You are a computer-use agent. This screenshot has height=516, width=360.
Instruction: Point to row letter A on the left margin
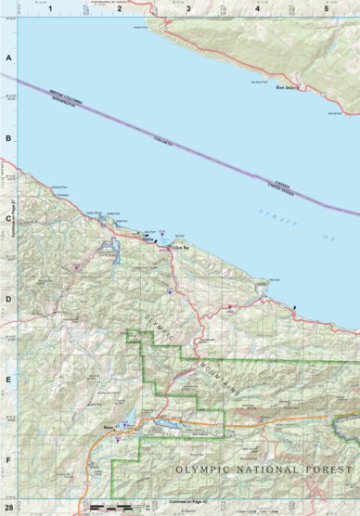click(x=8, y=58)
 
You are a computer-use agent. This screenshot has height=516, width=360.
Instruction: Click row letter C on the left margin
click(x=8, y=220)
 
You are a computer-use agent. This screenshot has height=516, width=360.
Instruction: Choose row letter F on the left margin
click(x=8, y=458)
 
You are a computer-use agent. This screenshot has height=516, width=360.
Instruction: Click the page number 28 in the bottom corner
click(x=8, y=509)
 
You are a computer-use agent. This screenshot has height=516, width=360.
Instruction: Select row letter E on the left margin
click(x=8, y=380)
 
